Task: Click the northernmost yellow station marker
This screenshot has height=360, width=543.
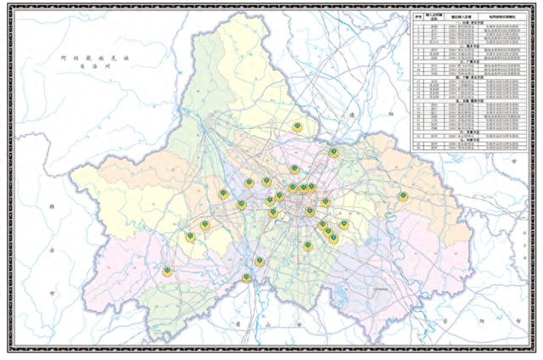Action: [x=297, y=127]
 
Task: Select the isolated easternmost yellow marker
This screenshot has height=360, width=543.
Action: [x=403, y=196]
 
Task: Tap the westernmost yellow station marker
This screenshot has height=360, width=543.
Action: [x=166, y=271]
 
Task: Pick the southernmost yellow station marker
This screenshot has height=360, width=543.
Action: [x=246, y=278]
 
